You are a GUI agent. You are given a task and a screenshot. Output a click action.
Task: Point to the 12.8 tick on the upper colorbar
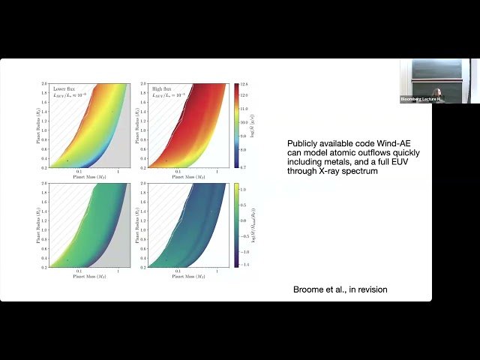pyautogui.click(x=244, y=85)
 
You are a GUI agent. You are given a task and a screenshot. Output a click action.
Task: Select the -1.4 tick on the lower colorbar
pyautogui.click(x=244, y=265)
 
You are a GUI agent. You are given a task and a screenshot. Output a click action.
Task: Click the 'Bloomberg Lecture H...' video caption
pyautogui.click(x=419, y=99)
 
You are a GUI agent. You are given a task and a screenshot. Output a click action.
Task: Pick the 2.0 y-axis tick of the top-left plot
pyautogui.click(x=45, y=84)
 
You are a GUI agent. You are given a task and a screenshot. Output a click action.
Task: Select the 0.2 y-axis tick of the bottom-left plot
pyautogui.click(x=45, y=266)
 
